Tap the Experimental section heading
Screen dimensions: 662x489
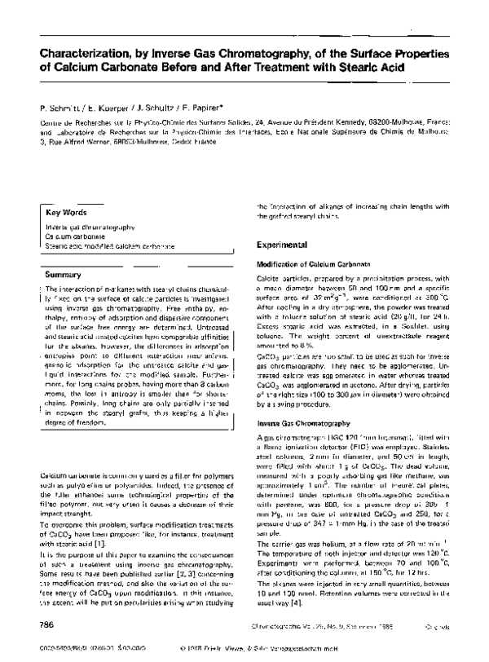[282, 245]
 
